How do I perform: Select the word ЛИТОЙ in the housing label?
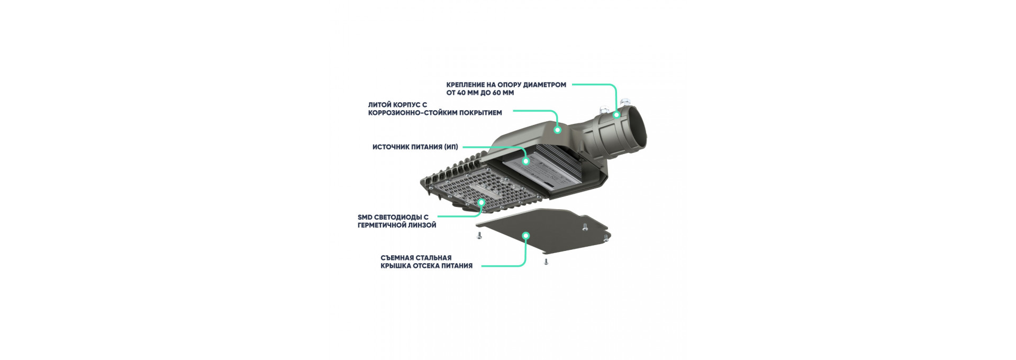pos(379,105)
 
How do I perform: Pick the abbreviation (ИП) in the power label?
pos(451,147)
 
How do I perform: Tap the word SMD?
pos(365,217)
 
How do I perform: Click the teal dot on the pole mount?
pos(616,114)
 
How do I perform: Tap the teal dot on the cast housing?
pos(557,129)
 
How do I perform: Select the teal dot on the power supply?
pos(525,161)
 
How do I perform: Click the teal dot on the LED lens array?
pos(482,202)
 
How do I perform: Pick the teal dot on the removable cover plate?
pos(525,236)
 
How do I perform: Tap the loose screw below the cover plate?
pos(546,261)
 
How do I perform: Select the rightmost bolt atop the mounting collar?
pos(625,100)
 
